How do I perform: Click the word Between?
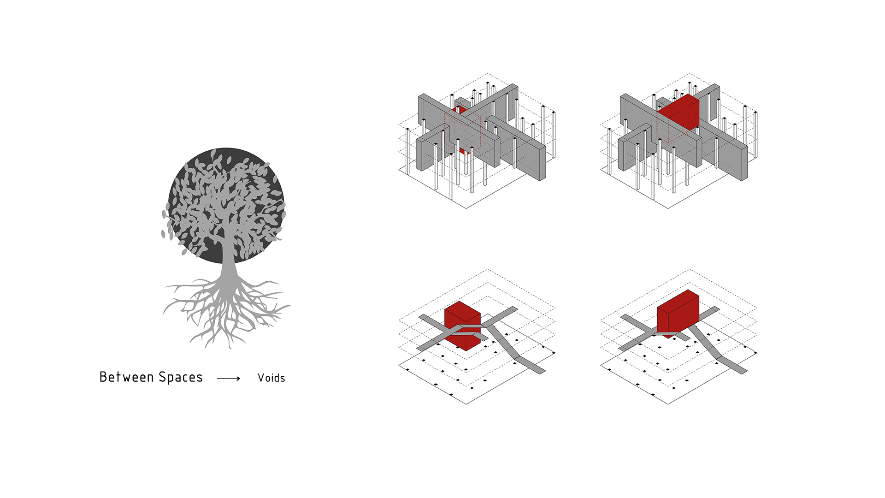(x=127, y=377)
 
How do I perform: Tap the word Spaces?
(x=181, y=378)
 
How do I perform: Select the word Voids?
(x=271, y=378)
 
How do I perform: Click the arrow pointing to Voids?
(x=229, y=379)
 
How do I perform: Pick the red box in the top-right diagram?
(x=678, y=113)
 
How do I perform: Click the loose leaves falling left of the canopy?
(x=167, y=226)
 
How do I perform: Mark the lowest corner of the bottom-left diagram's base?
(x=466, y=404)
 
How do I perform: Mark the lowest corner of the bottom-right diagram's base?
(x=668, y=404)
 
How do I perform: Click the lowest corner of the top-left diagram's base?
(x=466, y=208)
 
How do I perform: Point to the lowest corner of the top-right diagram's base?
(x=668, y=208)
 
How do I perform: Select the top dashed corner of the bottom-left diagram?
(x=488, y=269)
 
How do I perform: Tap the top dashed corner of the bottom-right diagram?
(x=690, y=269)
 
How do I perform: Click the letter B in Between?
(x=104, y=377)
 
